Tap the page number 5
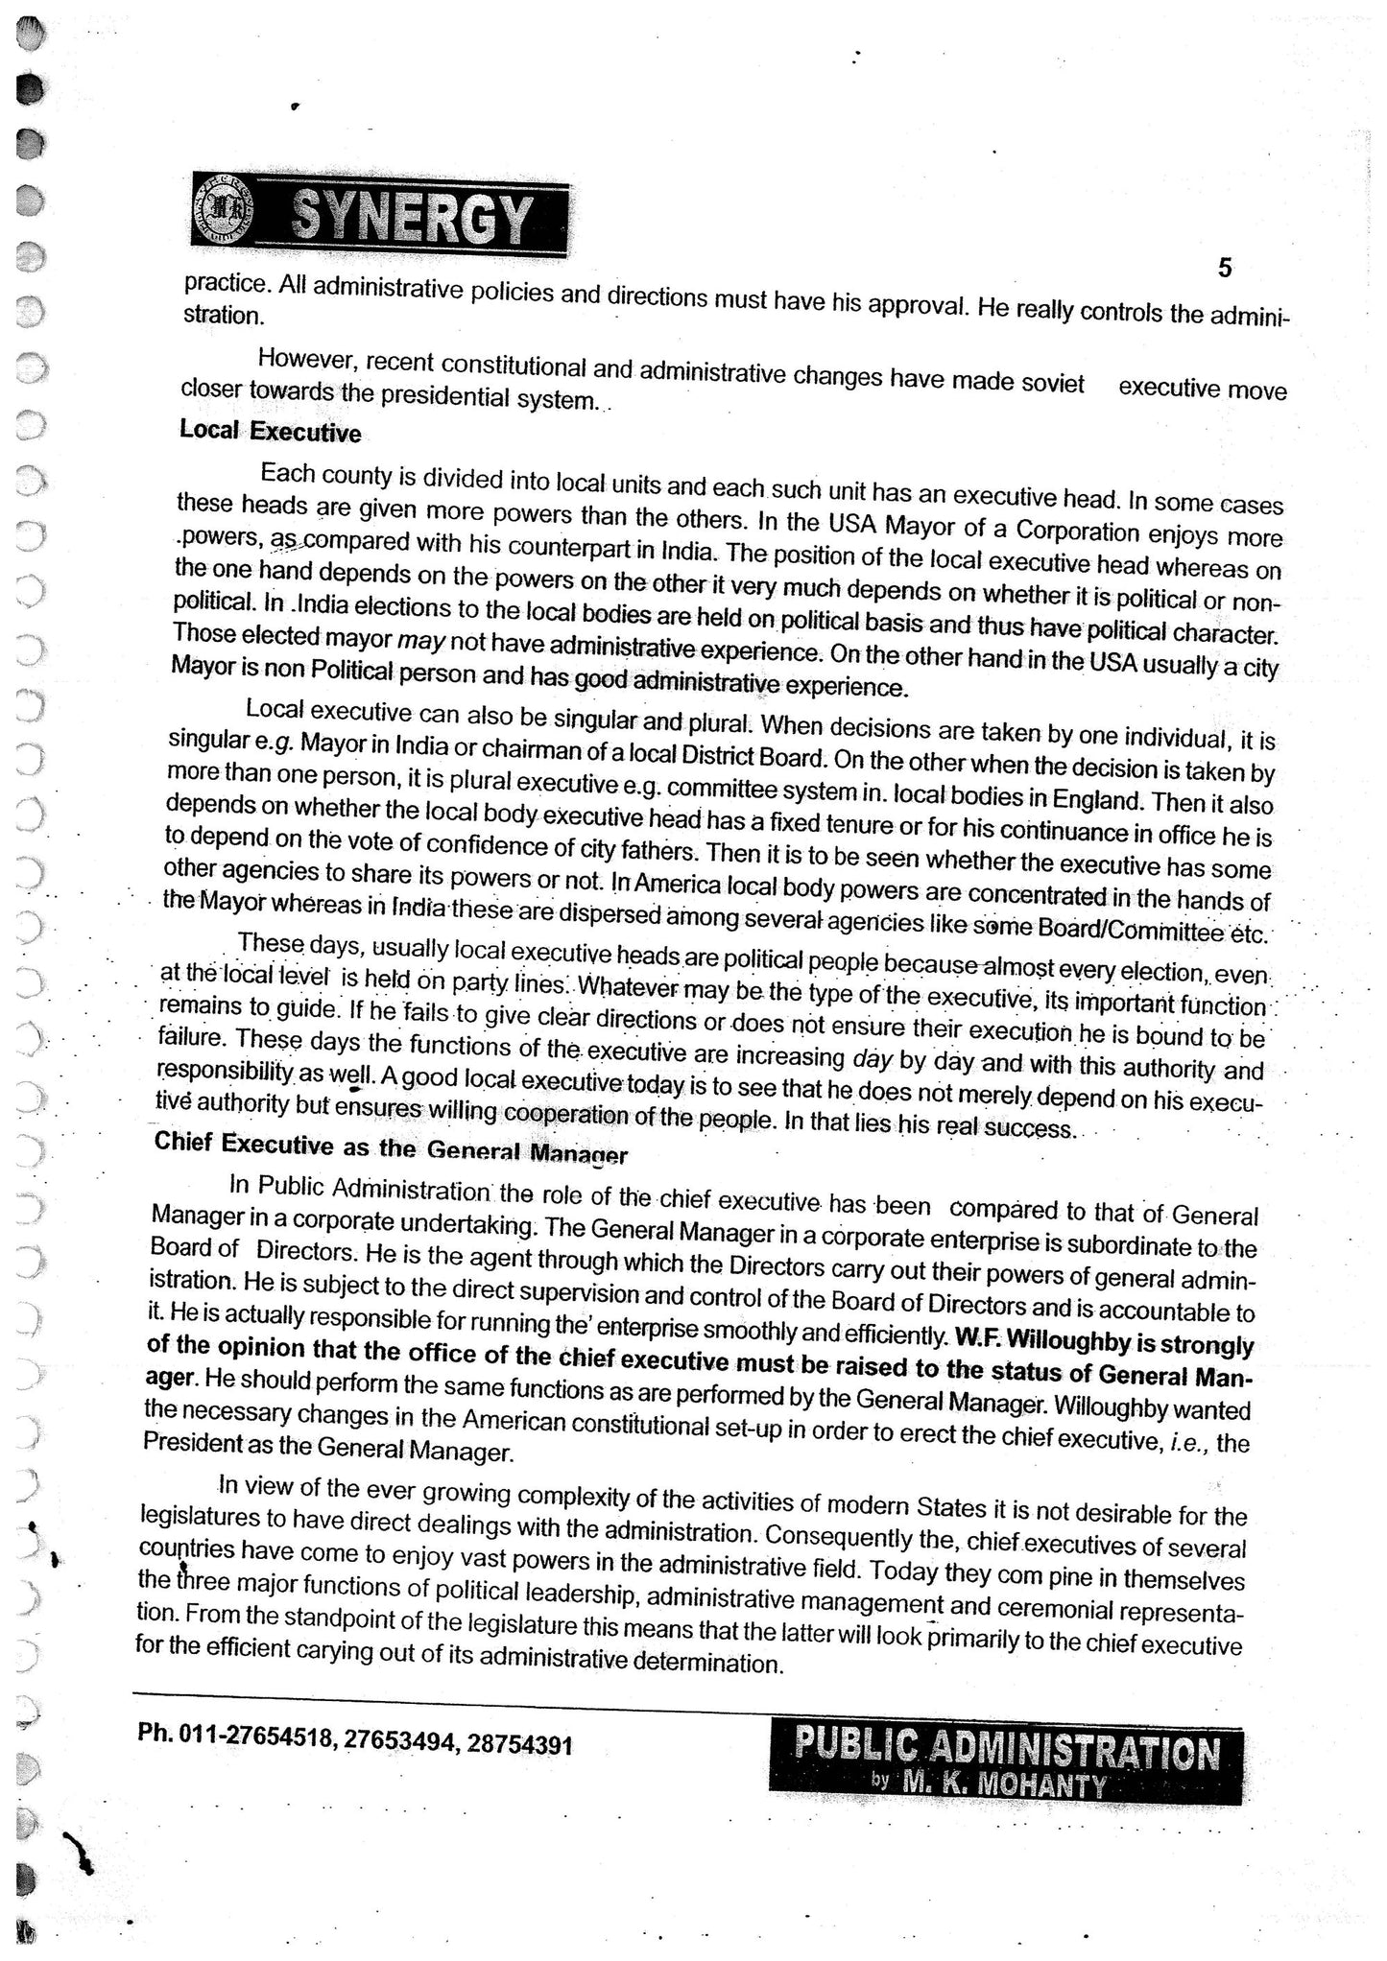(x=1225, y=268)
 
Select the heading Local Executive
(x=270, y=432)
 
